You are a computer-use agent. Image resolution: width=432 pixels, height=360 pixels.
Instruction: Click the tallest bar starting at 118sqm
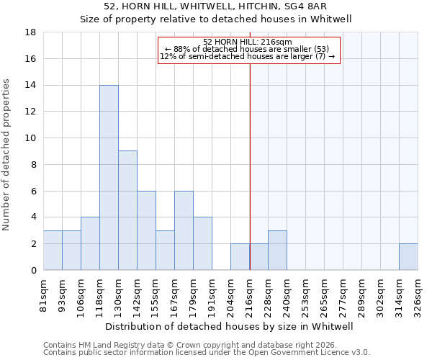tap(109, 177)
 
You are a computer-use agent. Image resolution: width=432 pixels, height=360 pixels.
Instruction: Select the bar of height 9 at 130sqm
tap(127, 210)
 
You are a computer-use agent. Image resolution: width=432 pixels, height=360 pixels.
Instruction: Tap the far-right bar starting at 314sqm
tap(408, 256)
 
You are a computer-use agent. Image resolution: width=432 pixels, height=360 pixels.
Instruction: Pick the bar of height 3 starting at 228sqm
tap(277, 250)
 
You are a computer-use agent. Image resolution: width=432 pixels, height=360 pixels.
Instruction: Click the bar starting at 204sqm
tap(240, 256)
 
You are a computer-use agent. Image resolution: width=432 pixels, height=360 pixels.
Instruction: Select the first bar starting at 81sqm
tap(53, 250)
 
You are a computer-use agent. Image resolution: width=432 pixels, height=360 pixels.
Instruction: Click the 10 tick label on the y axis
tap(30, 138)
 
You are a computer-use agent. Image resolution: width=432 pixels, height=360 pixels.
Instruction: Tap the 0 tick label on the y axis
tap(33, 271)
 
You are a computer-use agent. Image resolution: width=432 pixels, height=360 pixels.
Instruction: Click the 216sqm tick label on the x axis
tap(250, 293)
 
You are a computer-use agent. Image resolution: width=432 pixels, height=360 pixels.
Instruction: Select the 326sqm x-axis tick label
tap(418, 293)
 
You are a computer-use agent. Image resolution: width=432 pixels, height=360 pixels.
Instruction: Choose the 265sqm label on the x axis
tap(325, 293)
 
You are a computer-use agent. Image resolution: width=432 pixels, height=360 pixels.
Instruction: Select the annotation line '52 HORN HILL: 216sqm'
tap(248, 42)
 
